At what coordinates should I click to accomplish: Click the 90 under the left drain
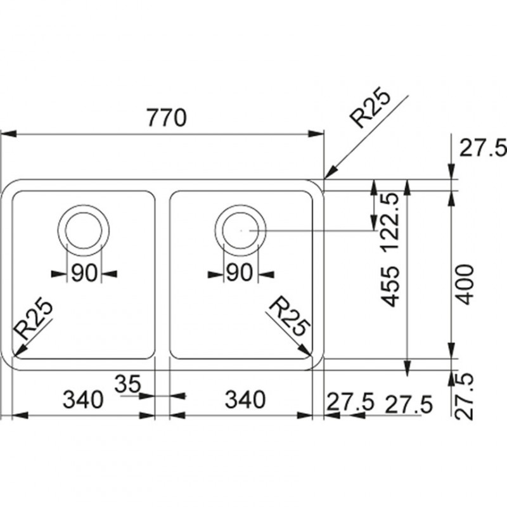(83, 274)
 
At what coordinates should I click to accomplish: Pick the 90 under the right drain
(240, 274)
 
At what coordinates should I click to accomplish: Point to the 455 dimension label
(391, 286)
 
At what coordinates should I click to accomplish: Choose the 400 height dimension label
(466, 283)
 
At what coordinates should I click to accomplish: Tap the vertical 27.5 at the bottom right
(466, 395)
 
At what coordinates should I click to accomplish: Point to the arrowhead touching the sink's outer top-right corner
(330, 172)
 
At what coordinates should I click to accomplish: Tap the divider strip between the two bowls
(162, 273)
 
